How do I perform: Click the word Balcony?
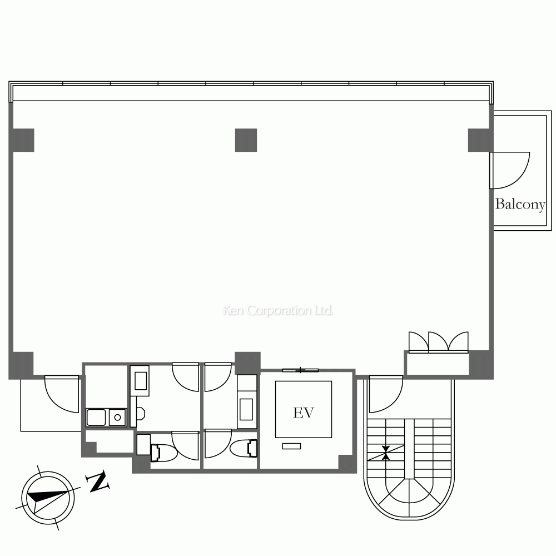[520, 204]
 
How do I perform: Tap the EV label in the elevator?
[304, 413]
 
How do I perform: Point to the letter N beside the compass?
[98, 482]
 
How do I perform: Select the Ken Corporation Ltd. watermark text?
[278, 310]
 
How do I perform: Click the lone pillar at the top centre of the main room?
[246, 140]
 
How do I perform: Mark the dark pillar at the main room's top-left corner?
[23, 140]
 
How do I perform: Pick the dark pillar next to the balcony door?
[478, 140]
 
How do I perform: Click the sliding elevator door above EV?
[300, 370]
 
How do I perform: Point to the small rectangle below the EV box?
[291, 446]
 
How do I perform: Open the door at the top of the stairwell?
[385, 394]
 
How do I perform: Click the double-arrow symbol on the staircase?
[386, 453]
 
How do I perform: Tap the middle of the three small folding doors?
[438, 342]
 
